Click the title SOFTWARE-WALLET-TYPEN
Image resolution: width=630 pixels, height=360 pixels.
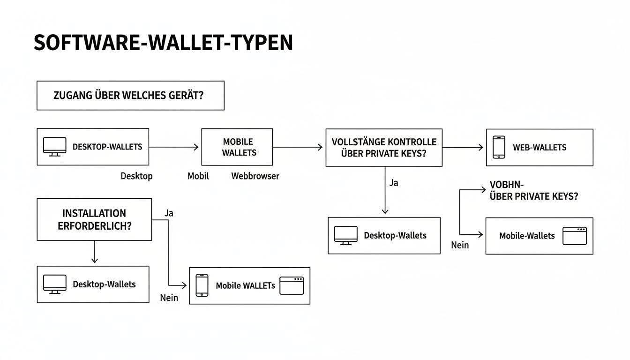click(163, 43)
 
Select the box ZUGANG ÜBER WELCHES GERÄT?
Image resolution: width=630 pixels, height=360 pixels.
click(130, 96)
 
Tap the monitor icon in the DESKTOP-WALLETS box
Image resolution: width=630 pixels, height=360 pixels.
click(54, 147)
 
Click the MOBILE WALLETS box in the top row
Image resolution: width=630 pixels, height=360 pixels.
click(237, 147)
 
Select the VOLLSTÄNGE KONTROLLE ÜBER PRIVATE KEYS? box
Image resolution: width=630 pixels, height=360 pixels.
click(383, 147)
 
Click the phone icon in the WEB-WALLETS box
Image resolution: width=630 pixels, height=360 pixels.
click(499, 147)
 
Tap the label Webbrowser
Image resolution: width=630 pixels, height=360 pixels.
click(255, 176)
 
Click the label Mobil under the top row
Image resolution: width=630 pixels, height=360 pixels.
click(198, 176)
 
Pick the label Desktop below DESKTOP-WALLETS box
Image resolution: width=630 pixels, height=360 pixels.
click(136, 176)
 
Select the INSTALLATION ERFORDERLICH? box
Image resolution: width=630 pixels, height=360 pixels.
click(94, 219)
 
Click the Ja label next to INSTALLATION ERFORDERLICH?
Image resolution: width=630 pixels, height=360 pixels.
click(169, 213)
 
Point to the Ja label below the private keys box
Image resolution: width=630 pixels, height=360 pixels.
click(394, 183)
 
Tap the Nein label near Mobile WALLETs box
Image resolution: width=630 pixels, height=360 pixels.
click(169, 298)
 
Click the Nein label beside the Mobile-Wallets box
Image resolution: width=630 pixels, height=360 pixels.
click(460, 245)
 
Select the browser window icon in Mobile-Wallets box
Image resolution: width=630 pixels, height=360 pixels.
click(575, 236)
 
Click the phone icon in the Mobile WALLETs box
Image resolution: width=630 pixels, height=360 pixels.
click(202, 285)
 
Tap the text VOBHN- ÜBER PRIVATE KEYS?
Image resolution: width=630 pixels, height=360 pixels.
click(533, 191)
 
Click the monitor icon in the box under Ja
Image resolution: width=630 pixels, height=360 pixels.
click(345, 235)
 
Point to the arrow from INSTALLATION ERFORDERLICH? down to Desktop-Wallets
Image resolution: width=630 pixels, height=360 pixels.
click(95, 252)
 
